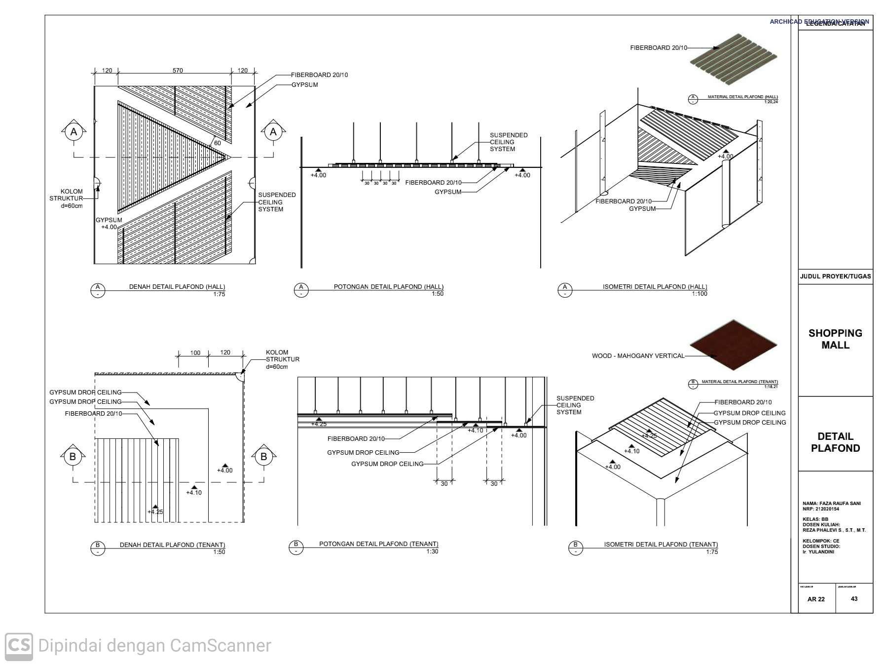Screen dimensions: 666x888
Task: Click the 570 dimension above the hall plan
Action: pos(178,71)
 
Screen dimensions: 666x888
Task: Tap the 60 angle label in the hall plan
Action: pos(217,143)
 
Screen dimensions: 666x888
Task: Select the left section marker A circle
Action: pos(74,132)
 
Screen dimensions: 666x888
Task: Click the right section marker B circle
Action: pos(263,457)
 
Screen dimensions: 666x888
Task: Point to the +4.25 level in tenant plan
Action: pos(155,511)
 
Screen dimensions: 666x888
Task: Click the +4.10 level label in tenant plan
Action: pos(194,492)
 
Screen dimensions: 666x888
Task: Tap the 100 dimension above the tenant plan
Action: pos(195,353)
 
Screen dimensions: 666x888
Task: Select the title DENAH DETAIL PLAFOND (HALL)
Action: pos(177,287)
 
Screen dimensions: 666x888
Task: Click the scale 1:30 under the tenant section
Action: pos(432,551)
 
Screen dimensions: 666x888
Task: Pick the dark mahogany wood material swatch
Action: pos(733,344)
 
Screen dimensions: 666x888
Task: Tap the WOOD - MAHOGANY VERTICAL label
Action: pos(638,356)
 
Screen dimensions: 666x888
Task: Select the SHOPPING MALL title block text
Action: pos(835,339)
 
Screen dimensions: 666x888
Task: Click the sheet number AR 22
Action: pos(816,599)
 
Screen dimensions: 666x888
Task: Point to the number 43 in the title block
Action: pos(854,599)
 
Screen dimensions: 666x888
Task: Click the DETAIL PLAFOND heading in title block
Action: pos(835,442)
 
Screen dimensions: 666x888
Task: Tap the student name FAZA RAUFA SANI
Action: pos(832,504)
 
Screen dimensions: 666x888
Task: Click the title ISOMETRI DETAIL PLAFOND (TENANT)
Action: pos(661,545)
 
